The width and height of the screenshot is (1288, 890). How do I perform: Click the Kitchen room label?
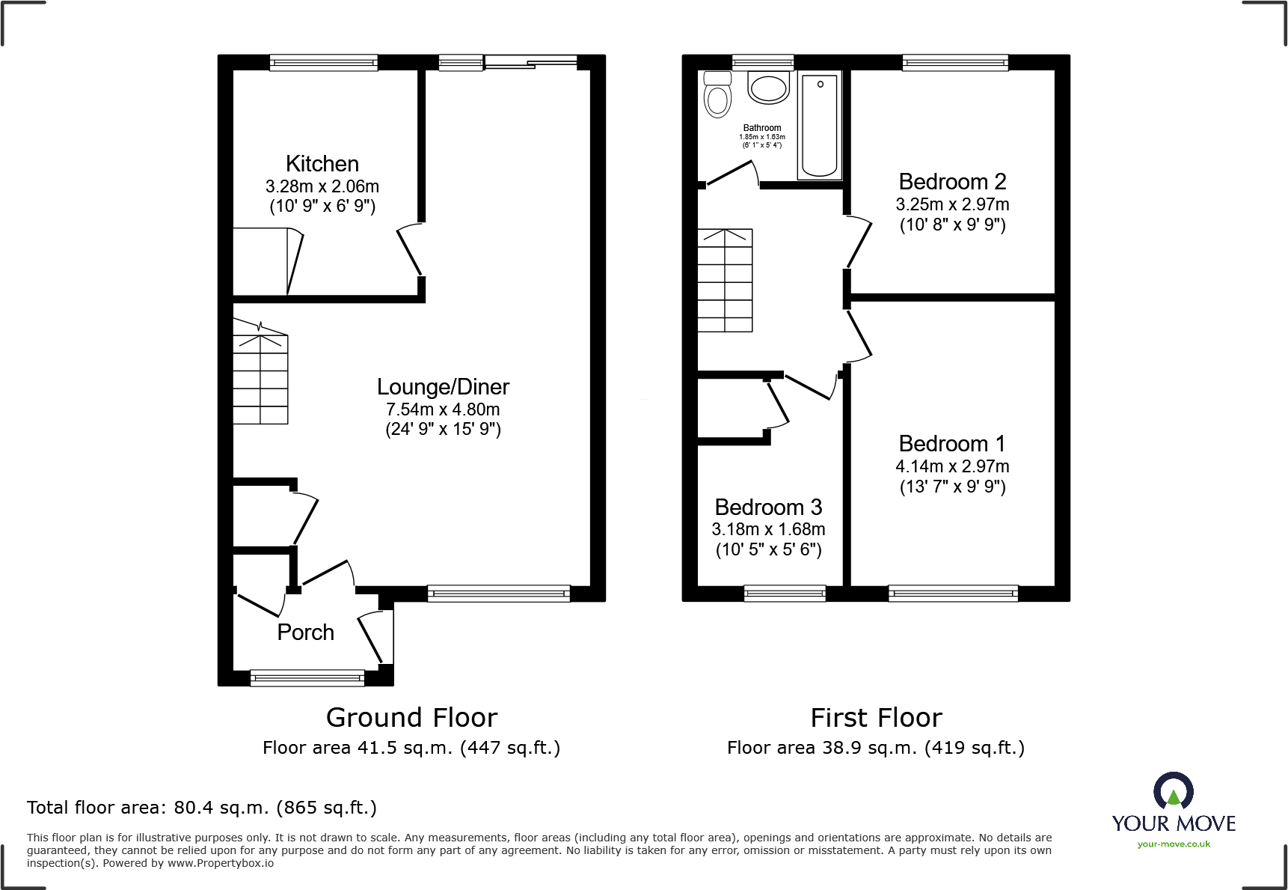322,164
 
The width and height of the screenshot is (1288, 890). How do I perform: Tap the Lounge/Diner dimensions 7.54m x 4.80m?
443,409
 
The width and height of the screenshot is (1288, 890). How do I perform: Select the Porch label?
305,633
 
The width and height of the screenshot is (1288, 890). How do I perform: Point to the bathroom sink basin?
768,88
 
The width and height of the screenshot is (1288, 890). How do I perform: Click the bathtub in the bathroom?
820,125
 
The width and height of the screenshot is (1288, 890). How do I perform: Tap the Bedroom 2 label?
952,182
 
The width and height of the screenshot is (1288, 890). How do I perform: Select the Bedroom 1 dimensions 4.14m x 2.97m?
952,466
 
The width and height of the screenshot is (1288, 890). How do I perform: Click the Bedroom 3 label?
768,508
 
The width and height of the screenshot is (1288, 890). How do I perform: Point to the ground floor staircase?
260,374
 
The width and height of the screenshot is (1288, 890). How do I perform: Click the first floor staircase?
725,281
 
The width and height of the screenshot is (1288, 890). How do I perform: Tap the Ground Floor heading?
411,718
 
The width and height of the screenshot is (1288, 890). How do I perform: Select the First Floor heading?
876,718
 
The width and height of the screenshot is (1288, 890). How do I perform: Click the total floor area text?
201,808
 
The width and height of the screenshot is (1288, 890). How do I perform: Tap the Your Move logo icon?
1173,790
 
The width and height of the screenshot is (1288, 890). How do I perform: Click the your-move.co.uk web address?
1173,844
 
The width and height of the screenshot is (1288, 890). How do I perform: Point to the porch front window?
307,678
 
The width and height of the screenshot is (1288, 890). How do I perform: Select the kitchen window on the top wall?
323,63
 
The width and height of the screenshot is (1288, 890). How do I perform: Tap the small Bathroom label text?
761,128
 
